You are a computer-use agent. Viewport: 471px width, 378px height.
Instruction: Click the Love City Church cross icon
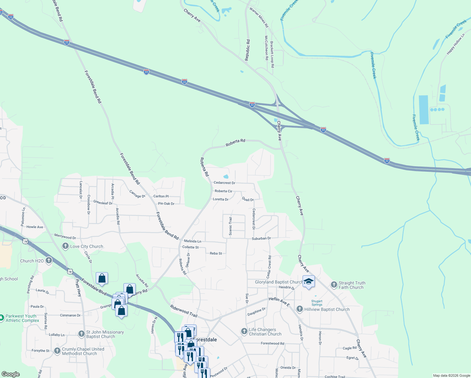[65, 246]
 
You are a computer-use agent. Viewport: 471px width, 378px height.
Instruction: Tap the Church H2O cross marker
[49, 261]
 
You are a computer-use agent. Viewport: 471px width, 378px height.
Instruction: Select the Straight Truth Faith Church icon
[334, 285]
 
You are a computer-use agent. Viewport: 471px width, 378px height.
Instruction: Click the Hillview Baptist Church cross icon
[300, 309]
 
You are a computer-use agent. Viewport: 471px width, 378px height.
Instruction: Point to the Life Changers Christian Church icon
[244, 331]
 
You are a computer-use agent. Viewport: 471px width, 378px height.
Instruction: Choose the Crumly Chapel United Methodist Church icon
[57, 351]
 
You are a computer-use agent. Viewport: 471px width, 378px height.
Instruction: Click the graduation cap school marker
[309, 281]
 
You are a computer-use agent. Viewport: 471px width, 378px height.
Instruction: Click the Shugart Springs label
[317, 303]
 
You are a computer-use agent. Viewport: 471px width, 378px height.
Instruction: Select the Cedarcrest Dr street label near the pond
[224, 183]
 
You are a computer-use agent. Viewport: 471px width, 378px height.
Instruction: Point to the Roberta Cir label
[223, 191]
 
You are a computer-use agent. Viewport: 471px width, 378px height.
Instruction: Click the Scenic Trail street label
[230, 226]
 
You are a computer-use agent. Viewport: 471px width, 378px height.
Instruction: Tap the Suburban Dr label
[261, 238]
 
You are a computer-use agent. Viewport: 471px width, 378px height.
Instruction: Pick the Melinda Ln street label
[192, 241]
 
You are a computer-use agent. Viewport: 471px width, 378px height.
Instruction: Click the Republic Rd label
[247, 50]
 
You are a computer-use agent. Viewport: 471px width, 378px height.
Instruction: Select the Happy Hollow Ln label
[456, 44]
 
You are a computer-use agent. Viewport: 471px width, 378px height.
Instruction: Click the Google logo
[10, 374]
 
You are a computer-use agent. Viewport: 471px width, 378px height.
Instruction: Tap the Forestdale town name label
[205, 340]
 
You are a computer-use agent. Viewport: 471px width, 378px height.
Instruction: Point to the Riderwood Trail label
[184, 311]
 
